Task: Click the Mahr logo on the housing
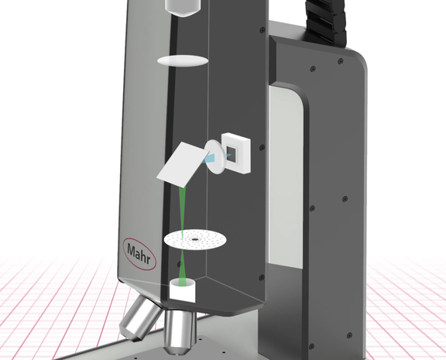click(139, 254)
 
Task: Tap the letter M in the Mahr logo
click(132, 250)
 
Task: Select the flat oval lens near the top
click(182, 61)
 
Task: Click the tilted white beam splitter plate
click(182, 165)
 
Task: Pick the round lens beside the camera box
click(214, 156)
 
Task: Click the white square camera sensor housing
click(236, 153)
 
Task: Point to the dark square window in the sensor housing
click(231, 154)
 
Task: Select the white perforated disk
click(195, 240)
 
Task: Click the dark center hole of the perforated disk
click(195, 239)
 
